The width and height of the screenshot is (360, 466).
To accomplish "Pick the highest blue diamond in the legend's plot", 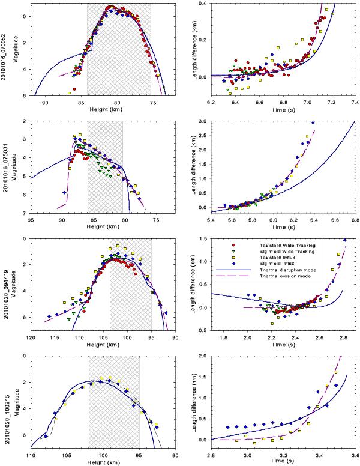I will [345, 240].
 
